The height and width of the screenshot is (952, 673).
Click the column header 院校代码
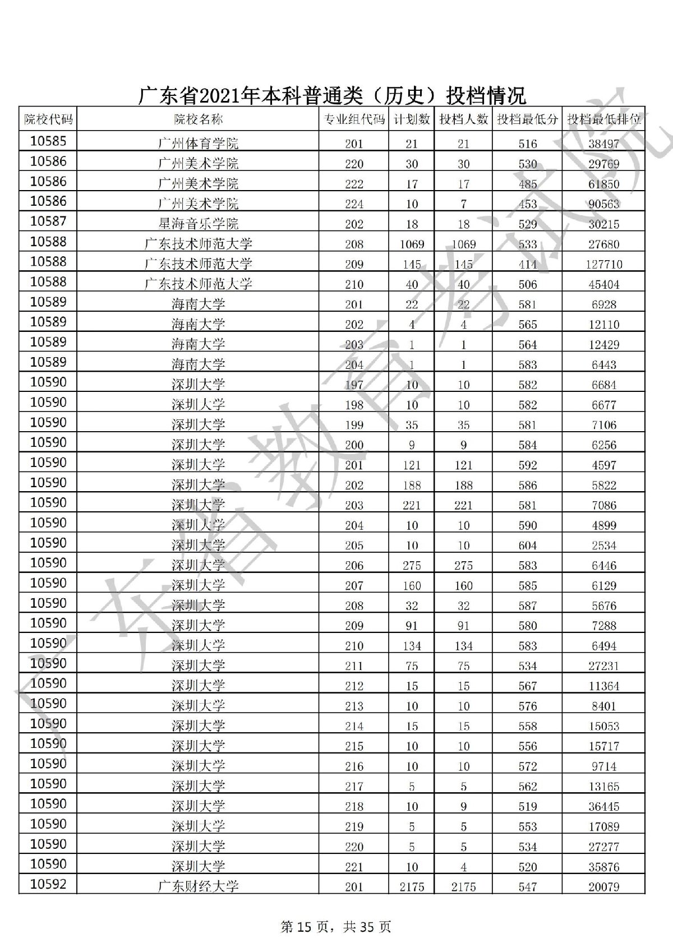[48, 119]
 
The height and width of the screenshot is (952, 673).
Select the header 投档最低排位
[604, 119]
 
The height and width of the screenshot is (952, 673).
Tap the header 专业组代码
[354, 119]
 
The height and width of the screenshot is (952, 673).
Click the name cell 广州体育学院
[198, 144]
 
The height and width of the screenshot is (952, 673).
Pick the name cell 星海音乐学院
[198, 224]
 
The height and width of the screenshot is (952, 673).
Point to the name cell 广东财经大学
[198, 886]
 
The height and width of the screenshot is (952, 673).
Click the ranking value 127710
[604, 264]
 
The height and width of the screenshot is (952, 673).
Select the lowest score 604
[527, 546]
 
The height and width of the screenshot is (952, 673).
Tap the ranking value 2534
[604, 546]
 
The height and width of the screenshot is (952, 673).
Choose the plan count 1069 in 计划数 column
[412, 244]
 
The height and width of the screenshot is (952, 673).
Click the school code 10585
[48, 141]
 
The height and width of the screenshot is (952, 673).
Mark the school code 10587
[48, 221]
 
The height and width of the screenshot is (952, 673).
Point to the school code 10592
[48, 884]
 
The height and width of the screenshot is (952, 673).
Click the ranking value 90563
[604, 204]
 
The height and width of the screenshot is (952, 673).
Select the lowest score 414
[527, 264]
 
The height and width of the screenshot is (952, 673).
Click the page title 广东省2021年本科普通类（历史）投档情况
[332, 95]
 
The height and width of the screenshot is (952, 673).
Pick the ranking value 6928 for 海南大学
[604, 304]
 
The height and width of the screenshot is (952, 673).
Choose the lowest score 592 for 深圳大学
[527, 465]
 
